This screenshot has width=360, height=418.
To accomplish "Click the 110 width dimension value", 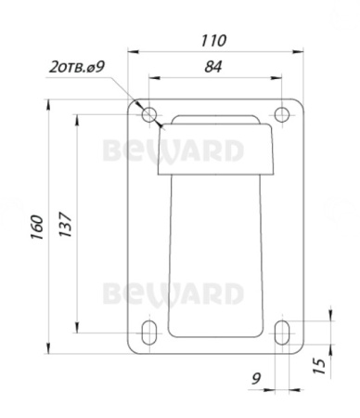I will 215,41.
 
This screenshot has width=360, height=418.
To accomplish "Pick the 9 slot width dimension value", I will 256,377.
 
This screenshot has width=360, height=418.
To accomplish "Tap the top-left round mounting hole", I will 150,115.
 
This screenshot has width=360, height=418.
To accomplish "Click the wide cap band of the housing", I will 216,152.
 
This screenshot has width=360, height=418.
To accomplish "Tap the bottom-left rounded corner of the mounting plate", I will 131,351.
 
